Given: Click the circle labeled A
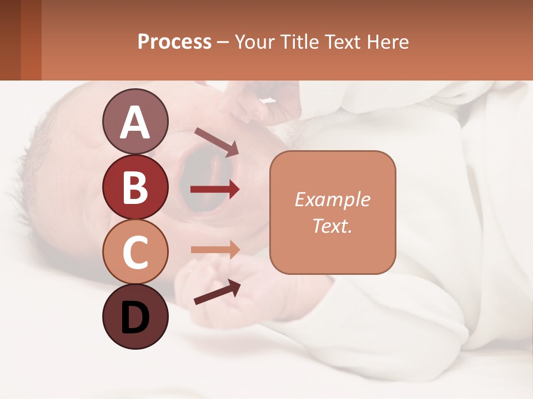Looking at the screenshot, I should click(135, 122).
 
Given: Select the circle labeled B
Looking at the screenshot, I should click(135, 187).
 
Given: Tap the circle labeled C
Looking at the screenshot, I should click(135, 252).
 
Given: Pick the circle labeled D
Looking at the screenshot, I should click(135, 317).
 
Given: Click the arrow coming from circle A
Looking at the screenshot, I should click(217, 142).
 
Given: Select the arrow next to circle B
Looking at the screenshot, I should click(215, 190).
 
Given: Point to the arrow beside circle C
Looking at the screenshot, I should click(215, 249).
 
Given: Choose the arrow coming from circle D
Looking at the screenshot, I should click(217, 291).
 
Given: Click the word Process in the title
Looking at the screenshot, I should click(174, 42).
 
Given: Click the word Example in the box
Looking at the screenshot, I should click(332, 199).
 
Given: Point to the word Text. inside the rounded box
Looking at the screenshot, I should click(332, 226).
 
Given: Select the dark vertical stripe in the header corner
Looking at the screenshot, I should click(10, 40).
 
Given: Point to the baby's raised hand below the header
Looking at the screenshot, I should click(261, 105).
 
